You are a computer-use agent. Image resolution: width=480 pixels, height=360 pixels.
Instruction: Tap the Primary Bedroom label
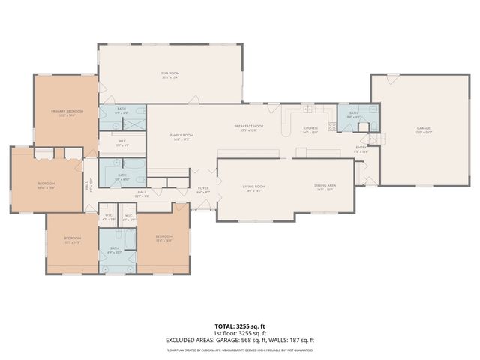67,112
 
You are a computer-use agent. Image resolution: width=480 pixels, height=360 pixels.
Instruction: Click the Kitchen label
310,129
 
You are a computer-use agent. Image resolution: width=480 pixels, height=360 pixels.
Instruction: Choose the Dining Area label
325,187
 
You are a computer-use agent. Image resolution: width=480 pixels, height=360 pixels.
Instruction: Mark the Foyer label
202,190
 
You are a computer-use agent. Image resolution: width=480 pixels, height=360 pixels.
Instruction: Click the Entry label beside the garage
361,148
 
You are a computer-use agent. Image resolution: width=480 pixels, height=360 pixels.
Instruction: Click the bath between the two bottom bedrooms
115,250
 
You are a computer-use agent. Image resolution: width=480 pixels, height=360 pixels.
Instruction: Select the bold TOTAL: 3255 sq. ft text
239,325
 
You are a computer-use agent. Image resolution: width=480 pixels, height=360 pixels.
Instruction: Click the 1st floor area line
239,332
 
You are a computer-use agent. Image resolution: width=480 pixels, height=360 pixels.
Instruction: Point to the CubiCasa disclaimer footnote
239,349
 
